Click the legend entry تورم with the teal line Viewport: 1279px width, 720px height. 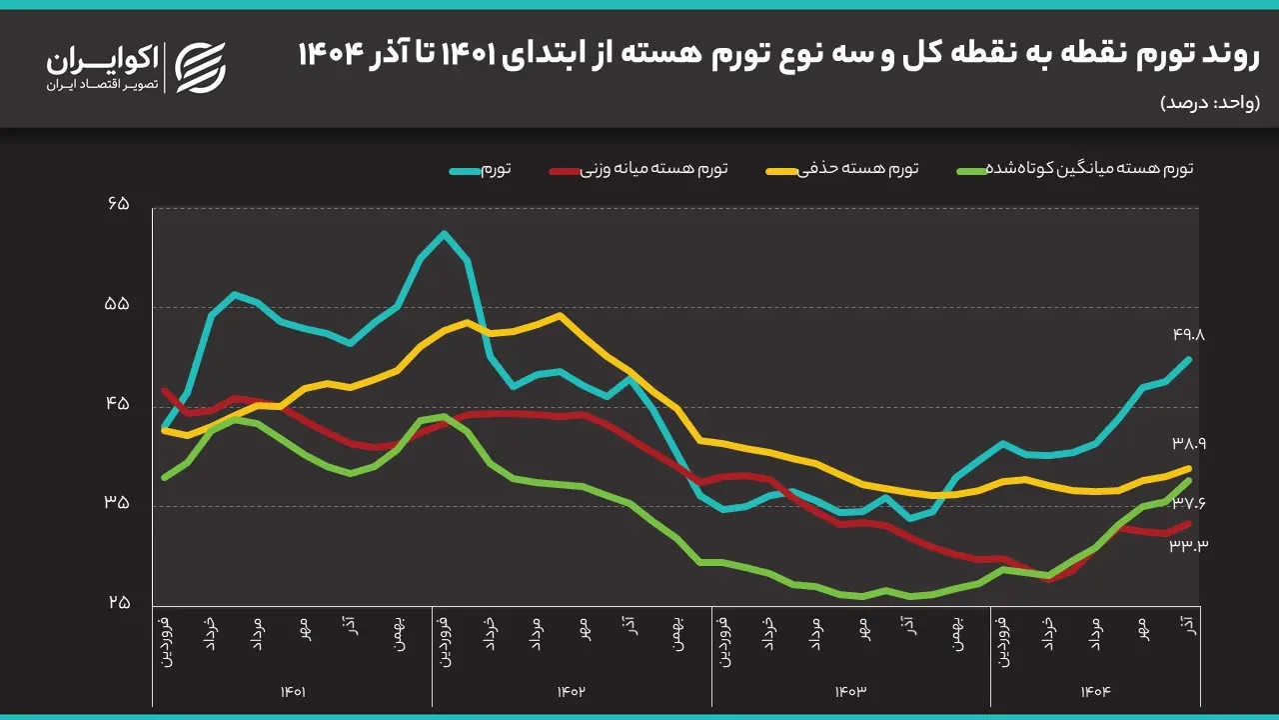(481, 168)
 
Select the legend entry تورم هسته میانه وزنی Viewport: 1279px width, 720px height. (639, 168)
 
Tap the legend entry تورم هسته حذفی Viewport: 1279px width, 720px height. (857, 168)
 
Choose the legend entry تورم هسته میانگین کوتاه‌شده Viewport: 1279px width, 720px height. (1075, 168)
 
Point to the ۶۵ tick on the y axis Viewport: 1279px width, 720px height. (119, 204)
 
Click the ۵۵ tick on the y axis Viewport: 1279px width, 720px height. (119, 304)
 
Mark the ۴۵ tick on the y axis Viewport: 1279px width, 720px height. (119, 404)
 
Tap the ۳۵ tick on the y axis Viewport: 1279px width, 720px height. (119, 503)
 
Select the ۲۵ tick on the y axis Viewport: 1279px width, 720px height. (119, 603)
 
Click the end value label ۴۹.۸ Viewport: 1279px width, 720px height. (1189, 335)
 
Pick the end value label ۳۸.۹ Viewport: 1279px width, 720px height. (1189, 442)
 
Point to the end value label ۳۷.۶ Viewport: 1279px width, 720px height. (1189, 503)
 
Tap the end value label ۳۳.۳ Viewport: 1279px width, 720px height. (1189, 544)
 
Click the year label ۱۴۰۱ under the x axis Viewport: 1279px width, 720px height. (292, 691)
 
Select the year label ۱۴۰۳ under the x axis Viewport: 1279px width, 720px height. (850, 691)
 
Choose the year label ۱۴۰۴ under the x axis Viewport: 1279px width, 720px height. (1095, 691)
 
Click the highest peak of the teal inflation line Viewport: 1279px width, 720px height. (444, 233)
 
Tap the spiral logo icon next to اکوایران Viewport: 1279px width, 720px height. (201, 68)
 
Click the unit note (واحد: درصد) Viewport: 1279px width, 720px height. (1210, 103)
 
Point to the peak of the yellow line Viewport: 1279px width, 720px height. (560, 315)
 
